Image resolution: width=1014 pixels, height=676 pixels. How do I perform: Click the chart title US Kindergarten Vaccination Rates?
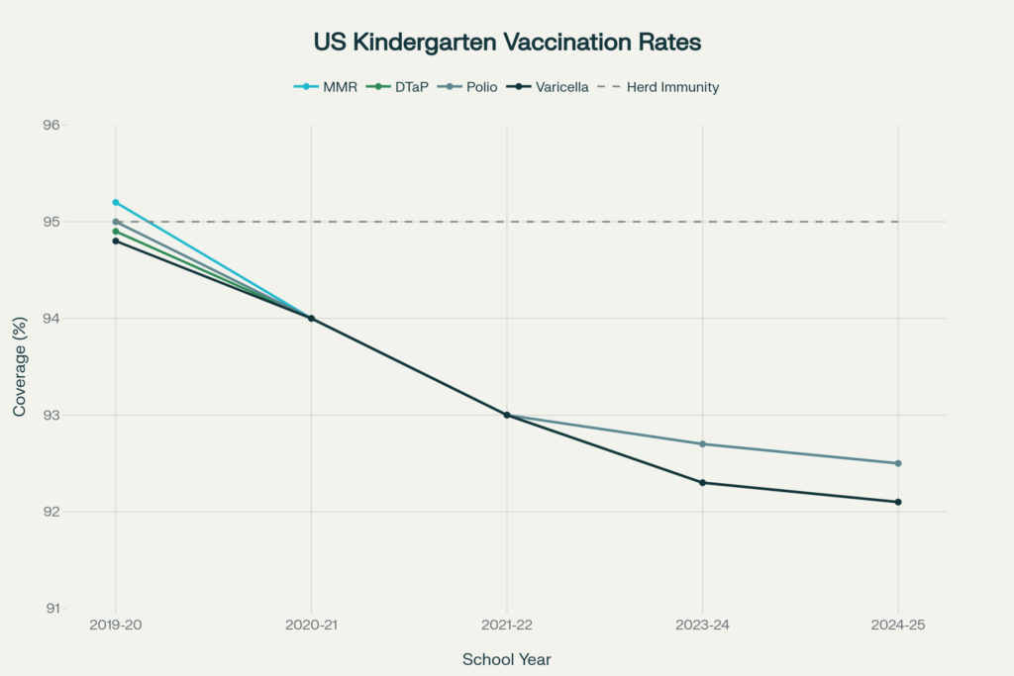click(507, 43)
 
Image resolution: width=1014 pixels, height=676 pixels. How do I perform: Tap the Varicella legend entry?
click(561, 87)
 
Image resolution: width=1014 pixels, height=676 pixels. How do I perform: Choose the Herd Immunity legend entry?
click(672, 87)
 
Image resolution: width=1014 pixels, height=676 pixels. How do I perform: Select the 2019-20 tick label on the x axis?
click(116, 626)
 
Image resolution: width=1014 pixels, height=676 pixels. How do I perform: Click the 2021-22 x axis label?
click(507, 626)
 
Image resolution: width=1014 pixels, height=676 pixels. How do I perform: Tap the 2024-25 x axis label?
click(898, 626)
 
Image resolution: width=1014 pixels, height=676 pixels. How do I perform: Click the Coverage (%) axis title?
click(20, 366)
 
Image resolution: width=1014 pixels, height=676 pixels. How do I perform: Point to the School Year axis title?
click(507, 659)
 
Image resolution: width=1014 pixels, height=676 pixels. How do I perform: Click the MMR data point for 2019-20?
click(116, 203)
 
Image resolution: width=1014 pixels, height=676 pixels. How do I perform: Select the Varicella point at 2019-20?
click(116, 241)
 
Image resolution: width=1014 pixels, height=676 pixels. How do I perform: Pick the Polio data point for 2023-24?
click(702, 444)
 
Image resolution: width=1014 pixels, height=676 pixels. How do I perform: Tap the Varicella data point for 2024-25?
click(898, 502)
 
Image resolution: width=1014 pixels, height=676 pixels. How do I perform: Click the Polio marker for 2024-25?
click(898, 463)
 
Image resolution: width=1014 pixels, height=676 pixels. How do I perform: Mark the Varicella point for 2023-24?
click(702, 483)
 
